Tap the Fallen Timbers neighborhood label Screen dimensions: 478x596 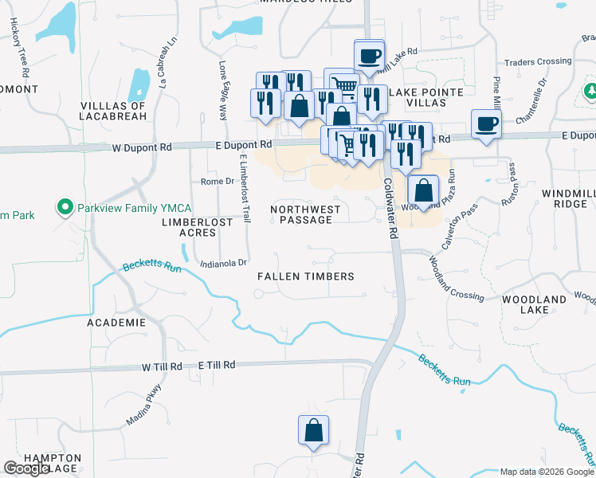(x=305, y=276)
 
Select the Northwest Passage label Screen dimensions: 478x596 (x=305, y=214)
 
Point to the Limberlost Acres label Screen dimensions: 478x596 (x=197, y=227)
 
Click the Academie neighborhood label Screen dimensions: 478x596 (x=118, y=323)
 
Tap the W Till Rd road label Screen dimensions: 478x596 (x=163, y=366)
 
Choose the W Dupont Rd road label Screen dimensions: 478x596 (x=142, y=147)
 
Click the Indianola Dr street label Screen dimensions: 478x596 (x=225, y=263)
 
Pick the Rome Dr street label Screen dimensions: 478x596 (x=216, y=182)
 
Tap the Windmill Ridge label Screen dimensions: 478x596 (x=563, y=199)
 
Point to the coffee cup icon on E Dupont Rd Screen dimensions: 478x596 (x=486, y=123)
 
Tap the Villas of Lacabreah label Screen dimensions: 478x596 (x=114, y=111)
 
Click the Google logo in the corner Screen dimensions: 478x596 (x=26, y=468)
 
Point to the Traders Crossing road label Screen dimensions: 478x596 (x=539, y=62)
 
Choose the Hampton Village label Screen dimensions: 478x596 (x=53, y=463)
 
